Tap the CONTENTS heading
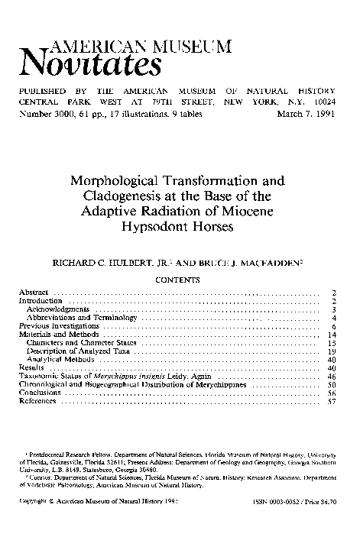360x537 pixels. pyautogui.click(x=178, y=280)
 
